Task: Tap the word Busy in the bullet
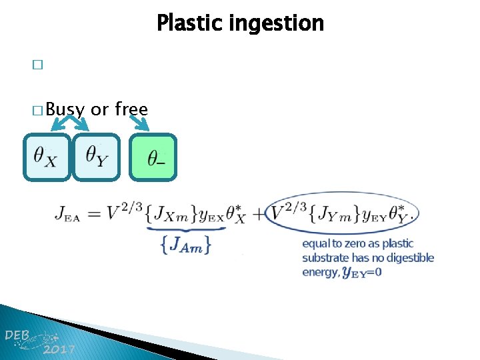pyautogui.click(x=66, y=109)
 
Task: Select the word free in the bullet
pyautogui.click(x=131, y=109)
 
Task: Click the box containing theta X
pyautogui.click(x=46, y=157)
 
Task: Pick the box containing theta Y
pyautogui.click(x=97, y=157)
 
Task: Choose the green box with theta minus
pyautogui.click(x=154, y=157)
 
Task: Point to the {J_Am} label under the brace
pyautogui.click(x=186, y=245)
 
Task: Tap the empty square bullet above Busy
pyautogui.click(x=37, y=65)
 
